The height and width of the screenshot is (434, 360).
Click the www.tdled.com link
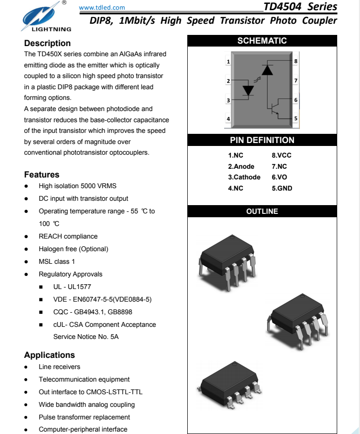pyautogui.click(x=101, y=7)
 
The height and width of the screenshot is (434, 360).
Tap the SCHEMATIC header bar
pyautogui.click(x=262, y=41)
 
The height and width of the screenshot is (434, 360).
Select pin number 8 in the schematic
pyautogui.click(x=295, y=61)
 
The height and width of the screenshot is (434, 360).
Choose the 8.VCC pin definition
pyautogui.click(x=281, y=156)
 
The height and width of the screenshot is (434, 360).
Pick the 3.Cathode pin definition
pyautogui.click(x=244, y=177)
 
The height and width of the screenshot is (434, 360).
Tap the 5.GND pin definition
pyautogui.click(x=282, y=188)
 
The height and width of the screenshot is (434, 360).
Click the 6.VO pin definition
pyautogui.click(x=279, y=177)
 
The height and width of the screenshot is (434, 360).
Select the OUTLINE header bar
pyautogui.click(x=262, y=211)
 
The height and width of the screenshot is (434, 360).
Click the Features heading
pyautogui.click(x=42, y=175)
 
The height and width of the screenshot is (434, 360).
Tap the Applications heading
pyautogui.click(x=49, y=355)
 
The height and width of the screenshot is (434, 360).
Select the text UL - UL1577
pyautogui.click(x=72, y=287)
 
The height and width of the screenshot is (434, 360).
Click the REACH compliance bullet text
pyautogui.click(x=68, y=236)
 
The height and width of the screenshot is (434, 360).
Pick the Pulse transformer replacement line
pyautogui.click(x=84, y=417)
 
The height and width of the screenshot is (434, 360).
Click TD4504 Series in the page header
pyautogui.click(x=300, y=7)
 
